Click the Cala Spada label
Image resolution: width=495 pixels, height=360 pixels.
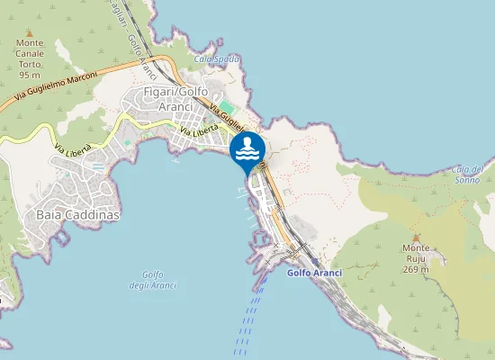[217, 59]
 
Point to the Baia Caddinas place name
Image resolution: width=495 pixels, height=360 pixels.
[78, 216]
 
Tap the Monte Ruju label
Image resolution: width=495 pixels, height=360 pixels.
[416, 248]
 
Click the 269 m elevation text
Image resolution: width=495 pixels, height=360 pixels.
[416, 268]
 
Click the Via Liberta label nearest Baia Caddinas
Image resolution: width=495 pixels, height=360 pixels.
[73, 149]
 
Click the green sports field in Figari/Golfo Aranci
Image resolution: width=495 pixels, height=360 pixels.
[229, 108]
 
